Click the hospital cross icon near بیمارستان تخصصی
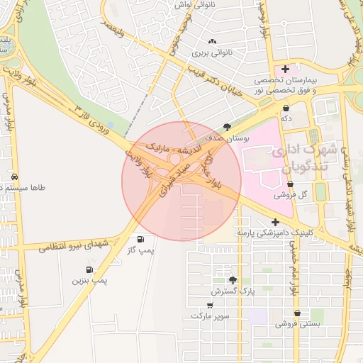[x=285, y=69]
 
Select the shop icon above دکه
[x=286, y=108]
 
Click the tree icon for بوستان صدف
[x=227, y=127]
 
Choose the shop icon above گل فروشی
[x=289, y=184]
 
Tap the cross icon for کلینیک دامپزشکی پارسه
[x=276, y=222]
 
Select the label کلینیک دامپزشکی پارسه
[x=273, y=233]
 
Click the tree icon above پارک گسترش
[x=233, y=280]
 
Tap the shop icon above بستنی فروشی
[x=297, y=313]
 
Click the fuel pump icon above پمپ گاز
[x=140, y=240]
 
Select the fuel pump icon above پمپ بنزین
[x=89, y=269]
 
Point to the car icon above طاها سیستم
[x=15, y=177]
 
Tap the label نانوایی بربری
[x=212, y=52]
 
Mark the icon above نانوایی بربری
[x=212, y=40]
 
